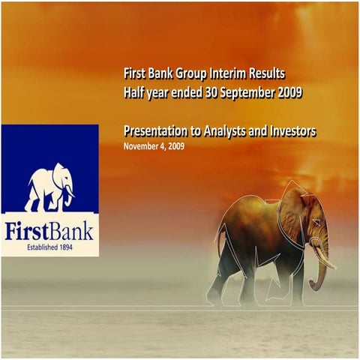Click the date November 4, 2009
click(154, 146)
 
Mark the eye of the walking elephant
click(315, 223)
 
